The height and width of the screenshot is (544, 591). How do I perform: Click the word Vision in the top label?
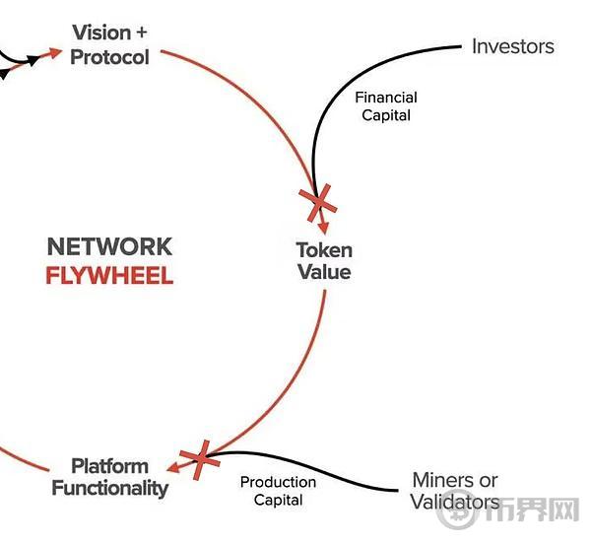coord(101,33)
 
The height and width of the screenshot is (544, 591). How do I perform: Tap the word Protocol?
coord(109,57)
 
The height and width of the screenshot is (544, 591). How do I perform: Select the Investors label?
coord(513,46)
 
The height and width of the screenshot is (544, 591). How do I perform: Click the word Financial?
coord(386,98)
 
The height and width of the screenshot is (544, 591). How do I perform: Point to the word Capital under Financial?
coord(386,115)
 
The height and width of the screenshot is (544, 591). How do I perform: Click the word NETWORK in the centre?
coord(109,246)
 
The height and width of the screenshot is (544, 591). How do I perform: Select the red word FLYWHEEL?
coord(109,276)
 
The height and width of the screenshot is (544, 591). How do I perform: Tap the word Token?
coord(324,250)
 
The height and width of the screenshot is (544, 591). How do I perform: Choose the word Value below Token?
coord(324,272)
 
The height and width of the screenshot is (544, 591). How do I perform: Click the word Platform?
coord(109,466)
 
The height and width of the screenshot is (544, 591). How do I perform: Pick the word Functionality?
coord(109,488)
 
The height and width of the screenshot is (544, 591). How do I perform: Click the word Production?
coord(278,482)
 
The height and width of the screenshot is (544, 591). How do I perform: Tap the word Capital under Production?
coord(278,501)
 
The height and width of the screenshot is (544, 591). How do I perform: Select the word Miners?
coord(437,480)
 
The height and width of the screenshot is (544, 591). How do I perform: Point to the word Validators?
coord(455,503)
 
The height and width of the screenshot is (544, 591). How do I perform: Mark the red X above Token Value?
coord(318,203)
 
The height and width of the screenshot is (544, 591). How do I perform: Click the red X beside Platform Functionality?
coord(200,459)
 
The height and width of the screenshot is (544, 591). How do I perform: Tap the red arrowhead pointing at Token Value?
coord(323,228)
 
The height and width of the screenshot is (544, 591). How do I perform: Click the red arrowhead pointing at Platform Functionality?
coord(173,468)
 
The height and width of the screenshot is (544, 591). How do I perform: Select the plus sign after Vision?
coord(141,33)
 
